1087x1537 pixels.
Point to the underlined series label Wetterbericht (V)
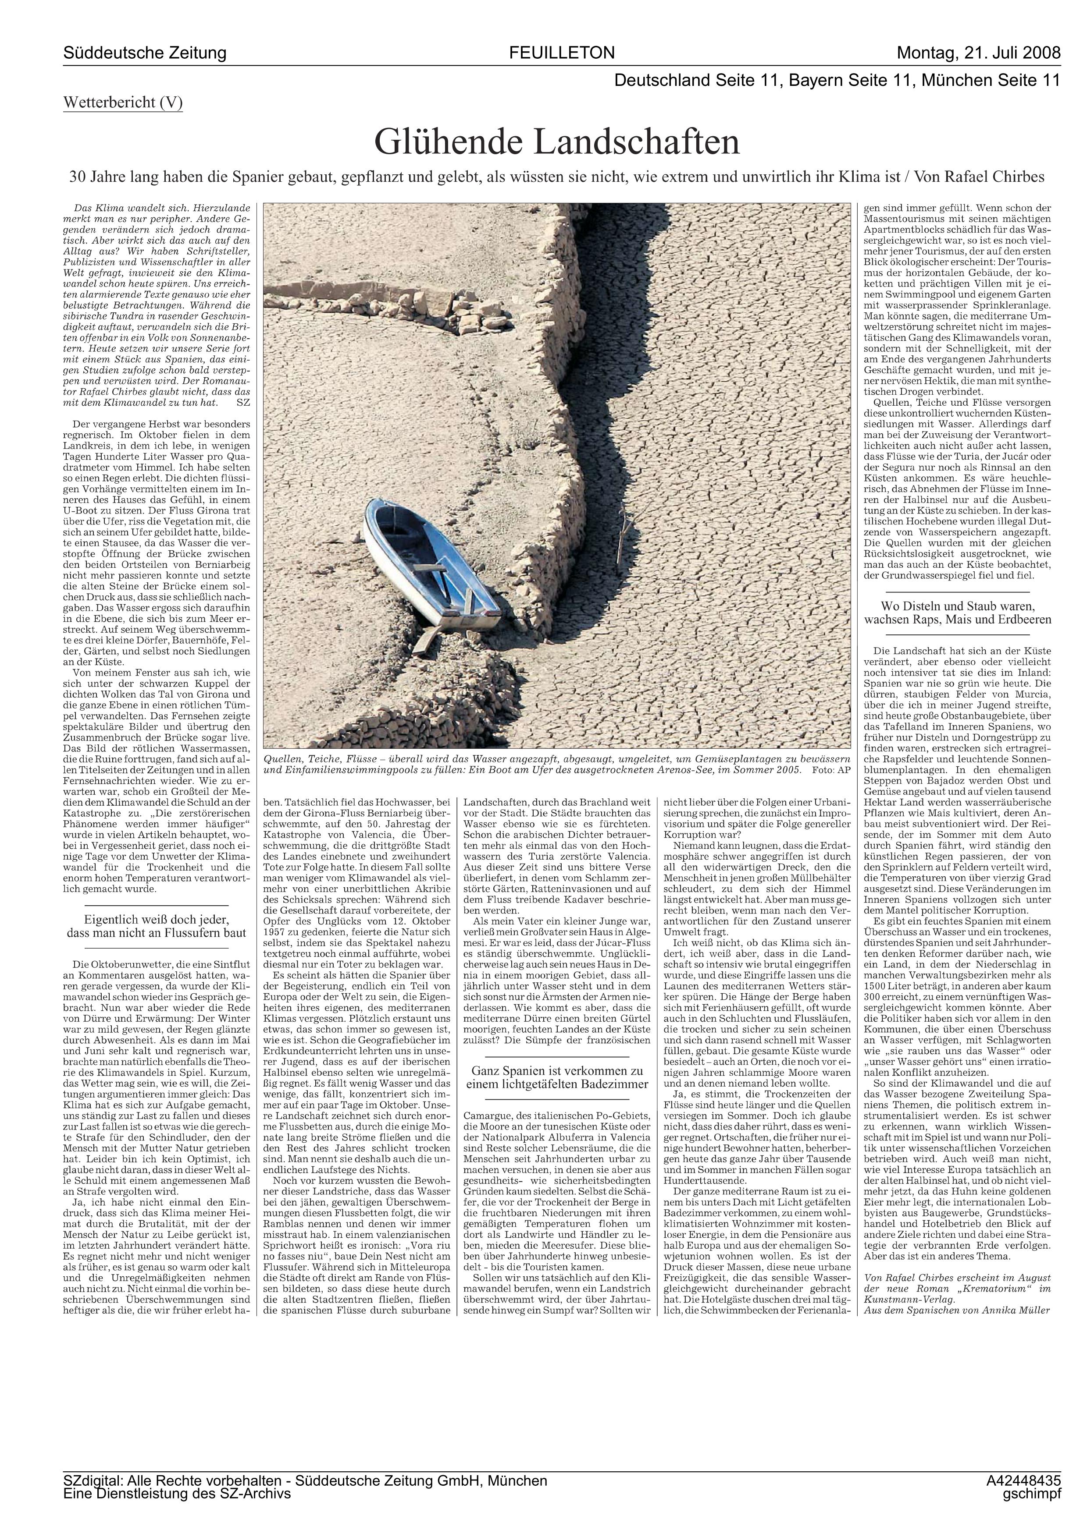(x=123, y=103)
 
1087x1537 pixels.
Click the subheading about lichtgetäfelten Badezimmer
(x=556, y=1077)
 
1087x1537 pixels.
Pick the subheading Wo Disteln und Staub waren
(x=957, y=613)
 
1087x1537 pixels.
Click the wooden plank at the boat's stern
(x=424, y=639)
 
